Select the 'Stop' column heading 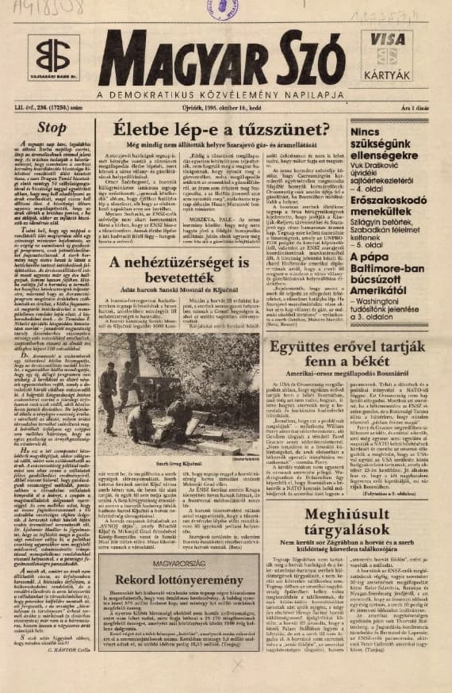(x=52, y=127)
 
